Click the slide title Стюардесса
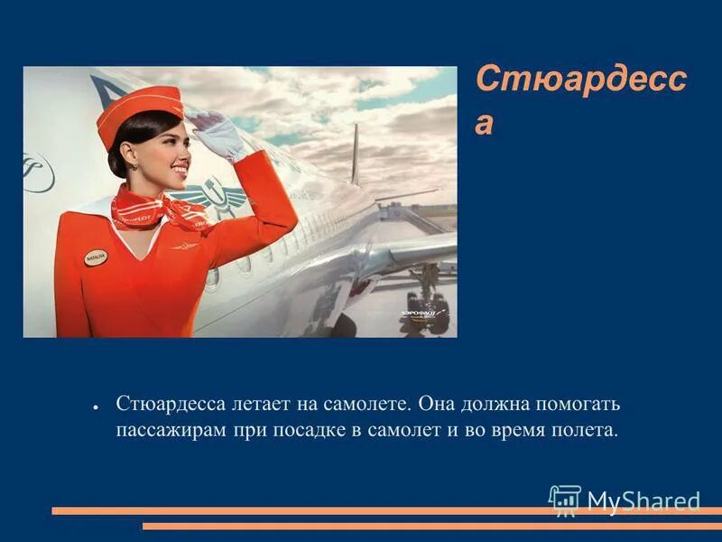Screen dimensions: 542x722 (579, 98)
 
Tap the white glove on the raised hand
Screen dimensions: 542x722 (218, 135)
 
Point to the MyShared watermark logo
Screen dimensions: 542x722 (624, 500)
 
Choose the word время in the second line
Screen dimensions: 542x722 (513, 429)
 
